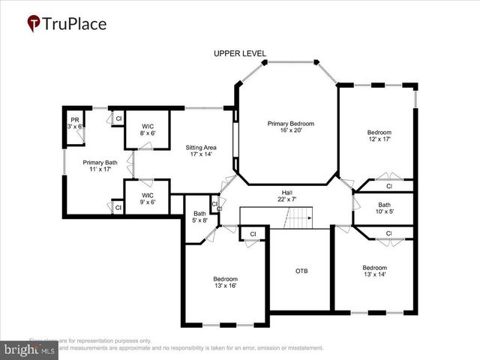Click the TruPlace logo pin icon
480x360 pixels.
pyautogui.click(x=34, y=24)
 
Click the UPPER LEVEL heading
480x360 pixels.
pyautogui.click(x=239, y=53)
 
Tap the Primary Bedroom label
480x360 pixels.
pyautogui.click(x=291, y=123)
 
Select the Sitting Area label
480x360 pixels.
pyautogui.click(x=200, y=148)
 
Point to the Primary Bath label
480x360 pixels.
pyautogui.click(x=100, y=162)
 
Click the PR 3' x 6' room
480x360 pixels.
pyautogui.click(x=75, y=123)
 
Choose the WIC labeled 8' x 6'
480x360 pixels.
pyautogui.click(x=147, y=129)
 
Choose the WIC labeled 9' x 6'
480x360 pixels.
pyautogui.click(x=147, y=198)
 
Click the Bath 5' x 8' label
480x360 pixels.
pyautogui.click(x=199, y=217)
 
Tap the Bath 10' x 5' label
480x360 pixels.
pyautogui.click(x=384, y=208)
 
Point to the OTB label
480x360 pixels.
pyautogui.click(x=301, y=271)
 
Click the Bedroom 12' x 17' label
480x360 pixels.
pyautogui.click(x=379, y=136)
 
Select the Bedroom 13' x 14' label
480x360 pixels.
pyautogui.click(x=374, y=271)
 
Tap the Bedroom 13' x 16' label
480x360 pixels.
pyautogui.click(x=225, y=283)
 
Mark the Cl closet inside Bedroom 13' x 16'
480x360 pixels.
pyautogui.click(x=253, y=234)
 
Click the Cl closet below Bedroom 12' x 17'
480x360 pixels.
pyautogui.click(x=388, y=186)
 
